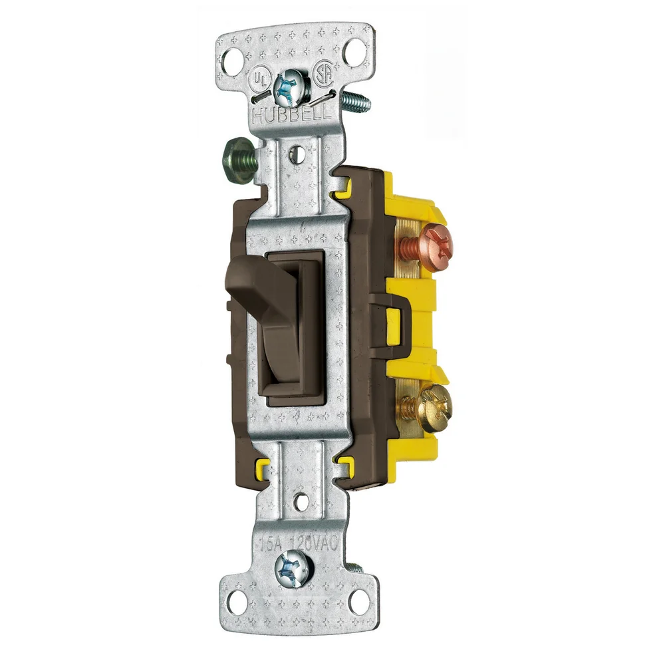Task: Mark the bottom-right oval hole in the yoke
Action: (359, 602)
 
